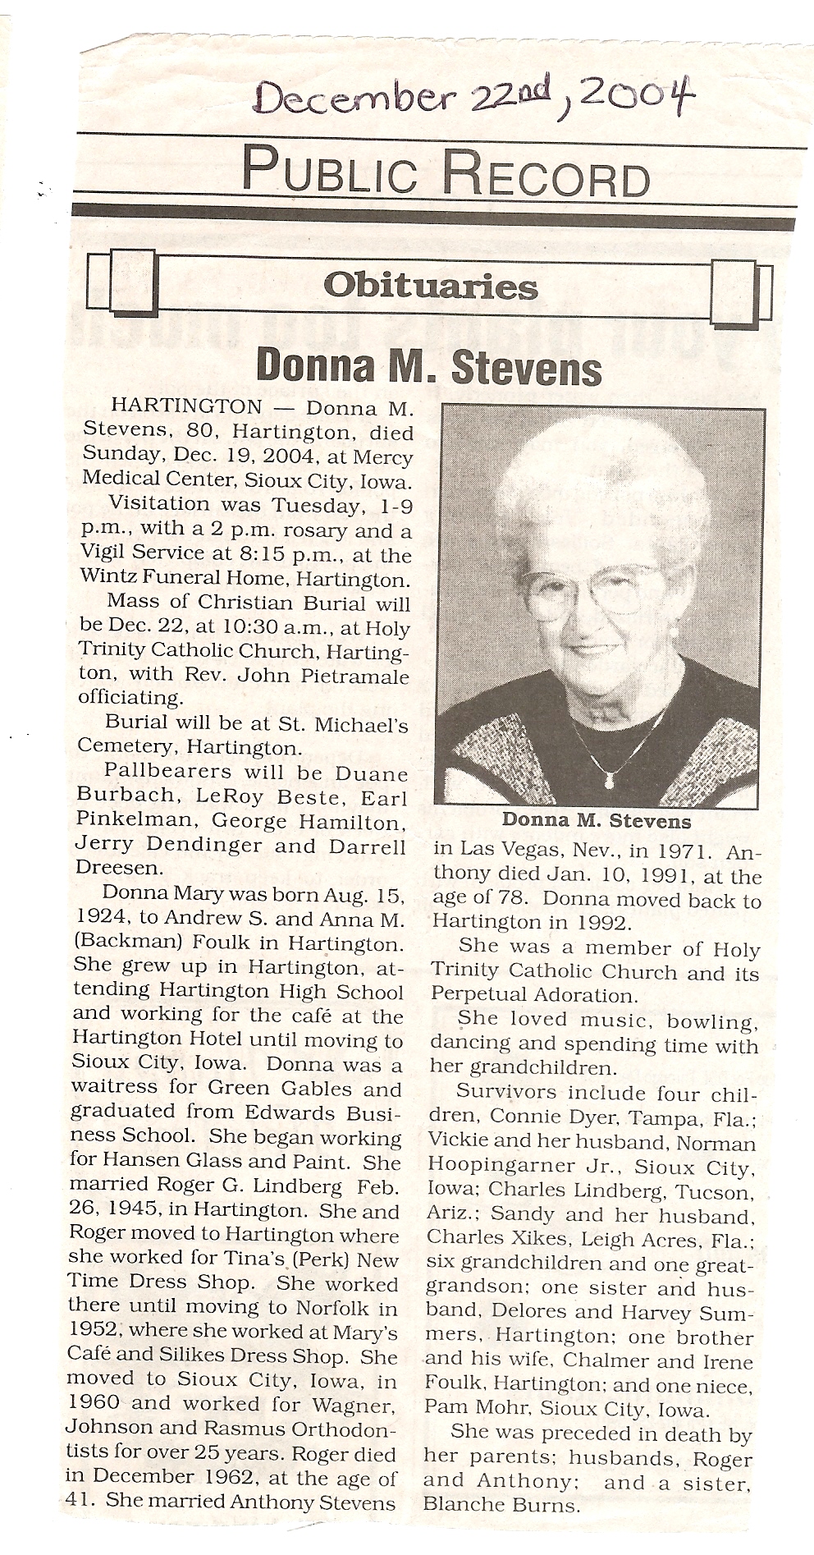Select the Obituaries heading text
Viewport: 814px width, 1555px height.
click(x=430, y=287)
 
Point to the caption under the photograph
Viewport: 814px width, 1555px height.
click(x=597, y=820)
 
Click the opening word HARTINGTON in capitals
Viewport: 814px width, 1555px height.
click(x=186, y=408)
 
